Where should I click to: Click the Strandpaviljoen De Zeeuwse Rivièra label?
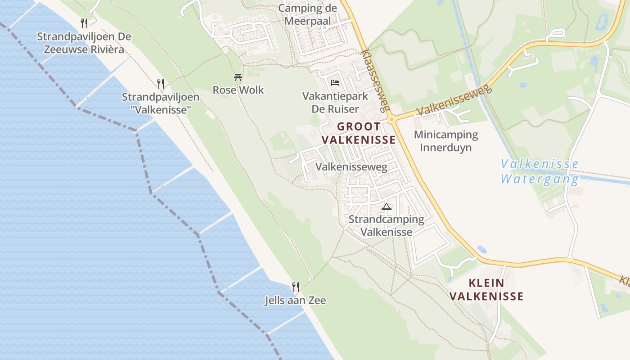84,43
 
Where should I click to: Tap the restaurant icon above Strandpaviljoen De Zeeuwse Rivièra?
84,23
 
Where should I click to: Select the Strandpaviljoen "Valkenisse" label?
161,103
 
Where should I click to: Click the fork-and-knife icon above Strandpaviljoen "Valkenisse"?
161,83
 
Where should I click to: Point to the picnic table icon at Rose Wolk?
238,77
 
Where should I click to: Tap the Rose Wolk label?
238,90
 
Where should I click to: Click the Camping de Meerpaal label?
307,14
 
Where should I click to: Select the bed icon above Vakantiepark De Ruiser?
335,83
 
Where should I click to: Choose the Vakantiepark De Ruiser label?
335,103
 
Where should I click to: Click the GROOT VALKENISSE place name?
359,133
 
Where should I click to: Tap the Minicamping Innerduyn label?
445,141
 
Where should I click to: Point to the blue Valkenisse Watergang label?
540,171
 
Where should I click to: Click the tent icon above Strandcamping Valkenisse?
386,207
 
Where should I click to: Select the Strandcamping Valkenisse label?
386,226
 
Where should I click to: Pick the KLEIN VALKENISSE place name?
486,290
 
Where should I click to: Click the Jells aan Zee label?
295,301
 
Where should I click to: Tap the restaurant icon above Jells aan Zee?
295,287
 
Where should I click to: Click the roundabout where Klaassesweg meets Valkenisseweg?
392,119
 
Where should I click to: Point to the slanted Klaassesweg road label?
374,81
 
